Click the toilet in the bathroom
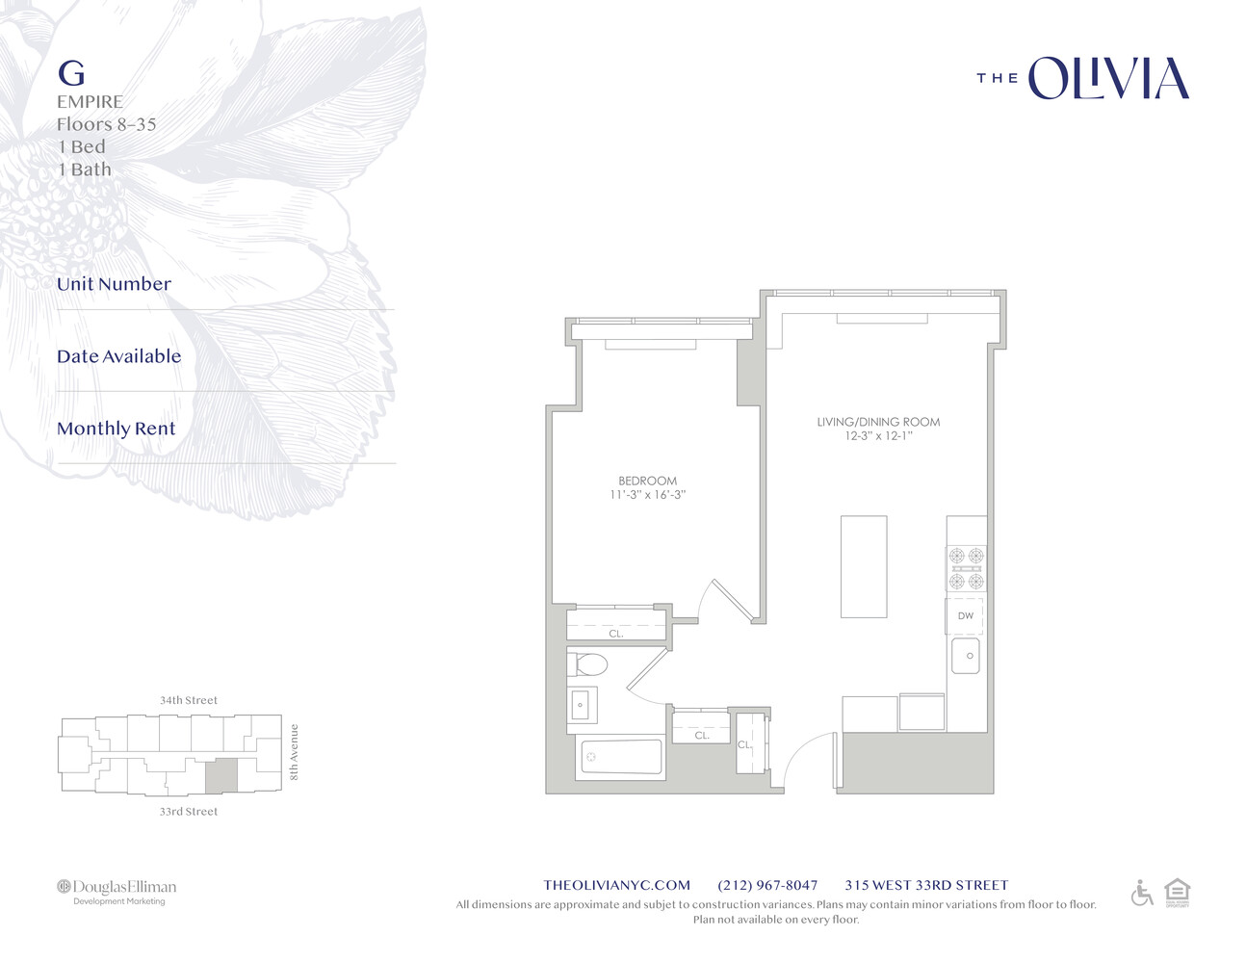[x=587, y=664]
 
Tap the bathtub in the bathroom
[x=621, y=757]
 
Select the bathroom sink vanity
[x=582, y=704]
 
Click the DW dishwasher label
[x=965, y=616]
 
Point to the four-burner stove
[x=966, y=568]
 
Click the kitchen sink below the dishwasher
[x=966, y=656]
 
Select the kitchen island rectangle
[x=863, y=566]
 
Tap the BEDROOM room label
[x=647, y=481]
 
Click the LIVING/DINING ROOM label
[x=878, y=422]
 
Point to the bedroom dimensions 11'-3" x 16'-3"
[x=647, y=495]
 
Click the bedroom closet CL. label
[x=616, y=634]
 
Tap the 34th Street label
[x=189, y=700]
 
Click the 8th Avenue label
[x=295, y=752]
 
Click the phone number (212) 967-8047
[x=767, y=885]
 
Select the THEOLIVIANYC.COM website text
[x=616, y=885]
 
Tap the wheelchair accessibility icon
[x=1142, y=893]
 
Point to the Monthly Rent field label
[x=117, y=429]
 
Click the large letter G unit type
[x=71, y=73]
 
